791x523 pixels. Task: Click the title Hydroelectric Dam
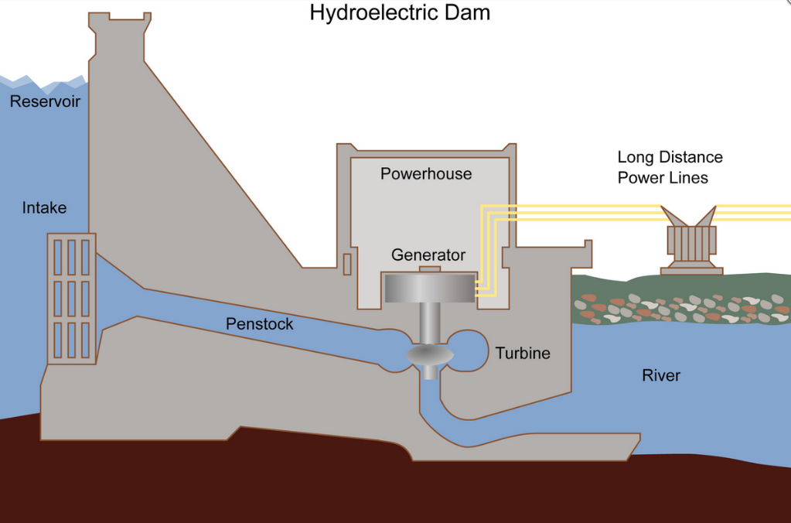(400, 13)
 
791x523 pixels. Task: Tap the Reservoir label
(45, 101)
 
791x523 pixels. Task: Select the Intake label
(44, 207)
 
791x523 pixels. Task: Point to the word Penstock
(259, 324)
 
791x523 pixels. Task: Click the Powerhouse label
(425, 174)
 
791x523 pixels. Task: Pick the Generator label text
(428, 255)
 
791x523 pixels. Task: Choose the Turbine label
(523, 354)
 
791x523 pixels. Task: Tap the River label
(661, 376)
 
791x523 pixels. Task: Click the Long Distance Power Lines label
(670, 167)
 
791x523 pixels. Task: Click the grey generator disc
(429, 288)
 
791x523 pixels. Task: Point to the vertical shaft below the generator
(429, 322)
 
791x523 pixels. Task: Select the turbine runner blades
(430, 355)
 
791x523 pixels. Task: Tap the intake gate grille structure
(71, 298)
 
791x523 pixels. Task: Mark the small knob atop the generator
(429, 269)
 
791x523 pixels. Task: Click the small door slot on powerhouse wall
(347, 264)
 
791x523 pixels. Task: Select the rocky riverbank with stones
(680, 307)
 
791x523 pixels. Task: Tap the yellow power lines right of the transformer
(754, 213)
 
